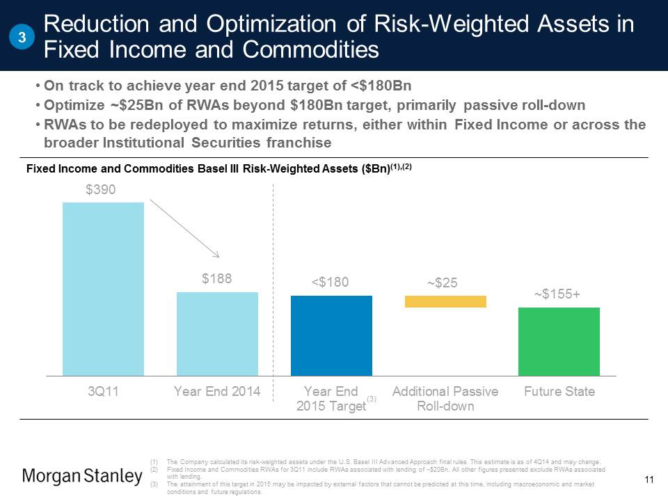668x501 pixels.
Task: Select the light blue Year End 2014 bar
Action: pos(217,333)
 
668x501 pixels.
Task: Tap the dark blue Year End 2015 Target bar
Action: pos(331,335)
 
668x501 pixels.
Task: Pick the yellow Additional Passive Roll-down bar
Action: pos(445,301)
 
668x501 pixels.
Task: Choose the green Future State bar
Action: pos(559,341)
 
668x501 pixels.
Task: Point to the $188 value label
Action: pos(217,279)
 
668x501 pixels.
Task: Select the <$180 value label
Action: pos(331,282)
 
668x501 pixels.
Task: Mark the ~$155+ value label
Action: pos(557,294)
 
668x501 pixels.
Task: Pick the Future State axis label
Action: pos(559,392)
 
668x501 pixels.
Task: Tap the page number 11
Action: pos(650,479)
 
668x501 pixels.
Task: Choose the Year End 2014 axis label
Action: pos(217,392)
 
